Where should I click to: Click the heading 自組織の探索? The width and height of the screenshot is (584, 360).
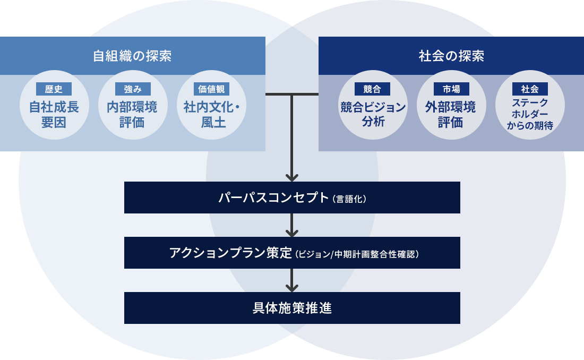[132, 56]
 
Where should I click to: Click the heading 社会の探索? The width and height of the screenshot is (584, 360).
[451, 56]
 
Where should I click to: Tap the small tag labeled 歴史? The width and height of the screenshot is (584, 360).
[54, 89]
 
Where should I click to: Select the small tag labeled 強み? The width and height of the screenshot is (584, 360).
[132, 89]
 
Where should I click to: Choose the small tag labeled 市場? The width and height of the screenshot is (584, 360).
[451, 89]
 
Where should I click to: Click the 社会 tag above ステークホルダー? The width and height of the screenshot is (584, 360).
[529, 89]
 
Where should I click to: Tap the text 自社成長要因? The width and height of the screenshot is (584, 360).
[54, 115]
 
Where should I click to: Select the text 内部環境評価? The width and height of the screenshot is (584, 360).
[132, 115]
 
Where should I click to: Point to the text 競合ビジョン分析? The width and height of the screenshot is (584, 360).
[373, 115]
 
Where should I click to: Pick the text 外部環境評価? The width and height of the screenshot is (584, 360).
[451, 115]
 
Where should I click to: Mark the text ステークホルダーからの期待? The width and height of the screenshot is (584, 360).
[529, 114]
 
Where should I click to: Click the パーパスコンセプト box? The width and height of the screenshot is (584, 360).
[292, 198]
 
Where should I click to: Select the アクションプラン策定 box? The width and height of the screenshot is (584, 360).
[292, 253]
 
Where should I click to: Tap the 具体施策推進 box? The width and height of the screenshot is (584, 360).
[292, 308]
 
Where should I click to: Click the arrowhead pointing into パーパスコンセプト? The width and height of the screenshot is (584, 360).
[292, 177]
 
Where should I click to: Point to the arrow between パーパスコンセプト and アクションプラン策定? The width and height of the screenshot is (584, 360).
[292, 226]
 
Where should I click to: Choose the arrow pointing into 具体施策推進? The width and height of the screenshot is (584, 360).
[292, 281]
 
